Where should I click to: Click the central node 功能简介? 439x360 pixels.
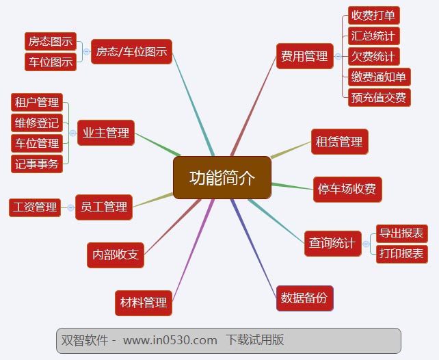pos(222,178)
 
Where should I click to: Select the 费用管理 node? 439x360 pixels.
pos(304,57)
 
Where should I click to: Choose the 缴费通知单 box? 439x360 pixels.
pos(379,77)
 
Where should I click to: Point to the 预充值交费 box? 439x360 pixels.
pos(379,97)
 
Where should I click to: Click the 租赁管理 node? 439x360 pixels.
pos(339,142)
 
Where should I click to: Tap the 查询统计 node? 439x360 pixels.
pos(332,243)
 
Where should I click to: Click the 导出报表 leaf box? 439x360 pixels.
pos(401,233)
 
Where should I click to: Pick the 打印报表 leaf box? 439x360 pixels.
pos(401,254)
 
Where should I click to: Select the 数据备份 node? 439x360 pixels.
pos(304,298)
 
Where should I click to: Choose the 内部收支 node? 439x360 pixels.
pos(116,255)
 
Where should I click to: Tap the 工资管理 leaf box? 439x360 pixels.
pos(34,207)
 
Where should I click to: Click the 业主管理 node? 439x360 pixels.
pos(105,133)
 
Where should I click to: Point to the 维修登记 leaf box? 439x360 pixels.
pos(37,123)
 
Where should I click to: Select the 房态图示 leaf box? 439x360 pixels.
pos(50,41)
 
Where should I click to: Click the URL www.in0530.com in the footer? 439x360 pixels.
pos(170,340)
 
